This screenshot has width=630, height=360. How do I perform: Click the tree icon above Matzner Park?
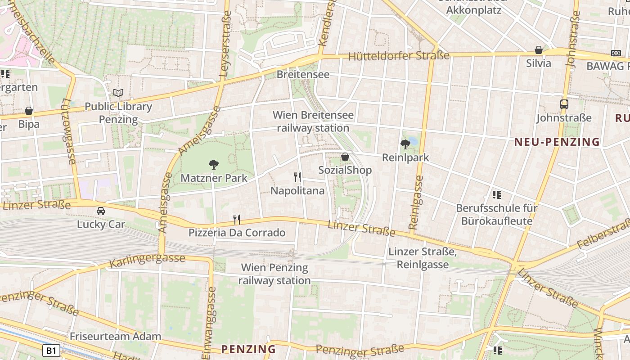click(214, 165)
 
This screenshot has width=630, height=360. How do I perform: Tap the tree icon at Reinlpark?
click(405, 144)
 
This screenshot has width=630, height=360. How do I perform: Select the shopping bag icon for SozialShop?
click(345, 157)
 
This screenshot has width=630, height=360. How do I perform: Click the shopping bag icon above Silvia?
click(539, 50)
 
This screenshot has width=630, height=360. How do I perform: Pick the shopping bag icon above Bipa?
click(29, 111)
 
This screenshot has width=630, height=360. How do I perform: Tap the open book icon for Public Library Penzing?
click(118, 93)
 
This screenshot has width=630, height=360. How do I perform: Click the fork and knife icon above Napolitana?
click(297, 177)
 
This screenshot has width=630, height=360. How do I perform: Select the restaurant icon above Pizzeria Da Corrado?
click(237, 219)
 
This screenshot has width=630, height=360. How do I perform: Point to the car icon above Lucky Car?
click(101, 211)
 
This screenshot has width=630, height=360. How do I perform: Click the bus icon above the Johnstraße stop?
click(564, 104)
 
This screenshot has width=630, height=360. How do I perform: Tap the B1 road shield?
click(51, 351)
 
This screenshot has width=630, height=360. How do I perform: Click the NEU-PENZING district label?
click(557, 142)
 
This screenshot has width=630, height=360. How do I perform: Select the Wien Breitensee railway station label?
click(313, 121)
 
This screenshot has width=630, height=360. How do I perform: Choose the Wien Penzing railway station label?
click(274, 274)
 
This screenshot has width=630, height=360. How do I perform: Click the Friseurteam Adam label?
click(115, 336)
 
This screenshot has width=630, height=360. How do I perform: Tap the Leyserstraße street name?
click(225, 43)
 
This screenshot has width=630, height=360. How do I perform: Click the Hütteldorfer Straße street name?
click(399, 56)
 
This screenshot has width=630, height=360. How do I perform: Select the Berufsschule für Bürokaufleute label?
click(497, 215)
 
